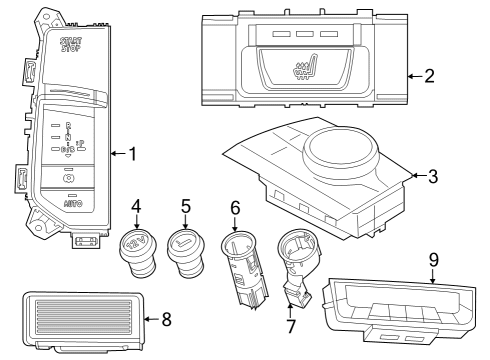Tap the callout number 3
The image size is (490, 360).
432,177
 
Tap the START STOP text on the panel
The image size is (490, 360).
70,46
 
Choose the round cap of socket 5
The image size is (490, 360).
185,243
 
